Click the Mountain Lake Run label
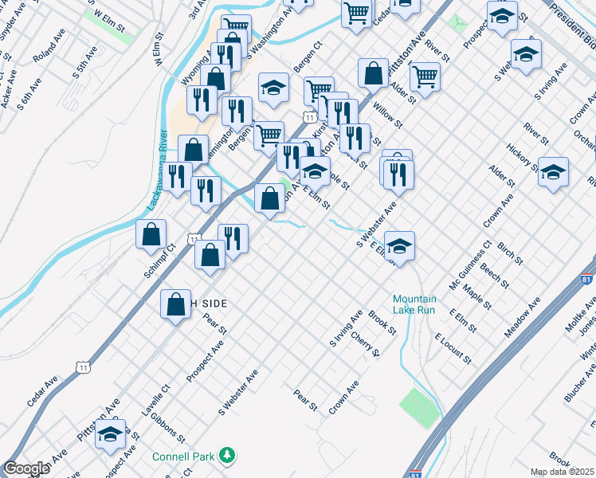(414, 304)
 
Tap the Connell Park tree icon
(228, 455)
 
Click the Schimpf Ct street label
(159, 261)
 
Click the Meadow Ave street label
(523, 317)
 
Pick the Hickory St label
(523, 156)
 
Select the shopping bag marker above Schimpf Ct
(151, 234)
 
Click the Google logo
(27, 468)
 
